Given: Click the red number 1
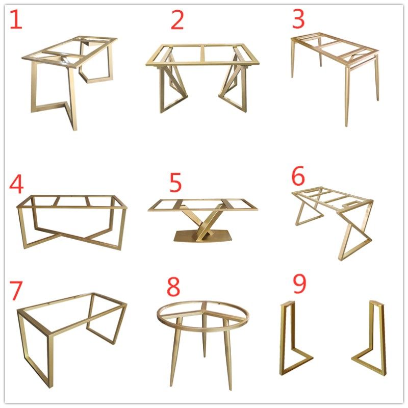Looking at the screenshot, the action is click(16, 19).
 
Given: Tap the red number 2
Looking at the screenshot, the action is click(177, 20).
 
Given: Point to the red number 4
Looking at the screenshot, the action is click(16, 184).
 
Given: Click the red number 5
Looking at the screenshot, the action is click(175, 183).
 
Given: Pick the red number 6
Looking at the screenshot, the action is click(298, 176).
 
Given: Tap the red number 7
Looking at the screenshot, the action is click(16, 291).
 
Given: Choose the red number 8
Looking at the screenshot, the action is click(173, 287).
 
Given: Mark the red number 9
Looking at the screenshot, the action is click(299, 284).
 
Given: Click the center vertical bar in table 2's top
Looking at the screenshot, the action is click(202, 54).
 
